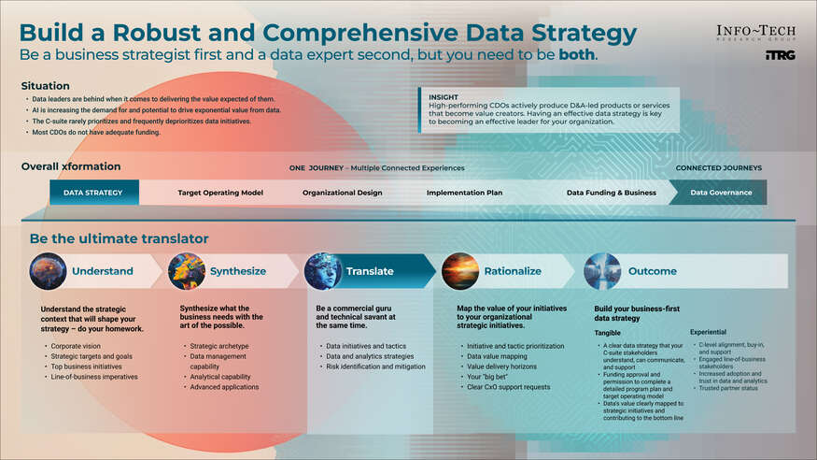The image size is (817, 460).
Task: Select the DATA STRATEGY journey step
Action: coord(93,193)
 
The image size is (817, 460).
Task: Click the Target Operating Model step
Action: coord(220,193)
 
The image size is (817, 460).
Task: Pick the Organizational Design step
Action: coord(342,193)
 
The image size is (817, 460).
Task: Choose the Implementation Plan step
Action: coord(465,193)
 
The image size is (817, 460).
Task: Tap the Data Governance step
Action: coord(721,193)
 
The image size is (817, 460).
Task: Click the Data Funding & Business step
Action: coord(611,193)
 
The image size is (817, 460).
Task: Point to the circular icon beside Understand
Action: coord(48,271)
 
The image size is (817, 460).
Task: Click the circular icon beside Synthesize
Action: coord(186,271)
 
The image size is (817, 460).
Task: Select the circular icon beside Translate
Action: coord(323,271)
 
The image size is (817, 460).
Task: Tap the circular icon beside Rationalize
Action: coord(460,271)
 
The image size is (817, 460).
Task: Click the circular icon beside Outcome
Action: coord(602,271)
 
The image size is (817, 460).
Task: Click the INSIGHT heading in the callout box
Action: coord(444,96)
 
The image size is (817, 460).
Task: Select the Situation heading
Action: coord(45,85)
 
